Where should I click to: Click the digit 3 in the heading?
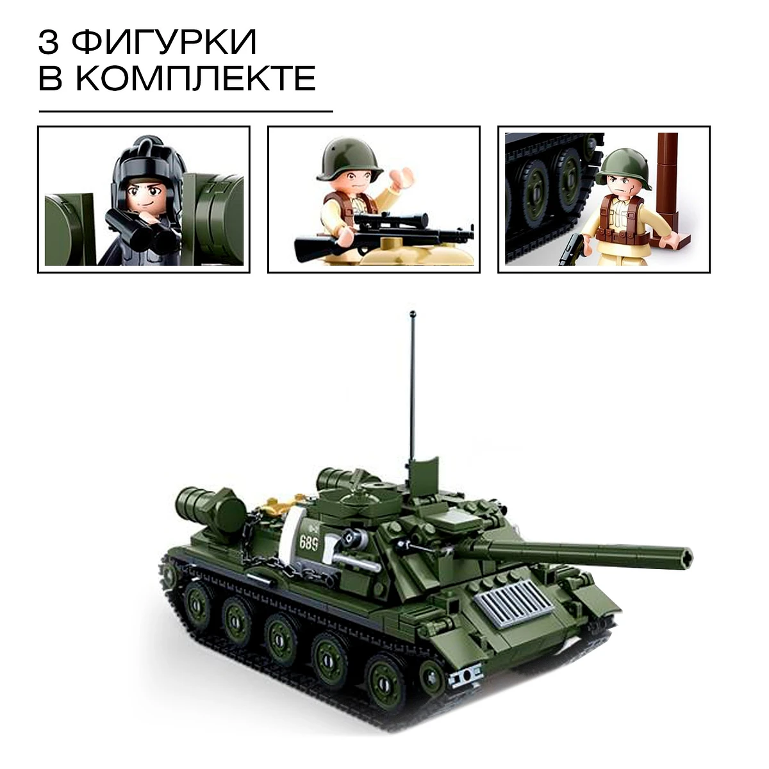48,42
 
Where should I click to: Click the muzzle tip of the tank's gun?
686,557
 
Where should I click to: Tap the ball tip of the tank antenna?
413,313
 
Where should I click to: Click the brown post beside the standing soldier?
668,188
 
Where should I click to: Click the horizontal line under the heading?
186,112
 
